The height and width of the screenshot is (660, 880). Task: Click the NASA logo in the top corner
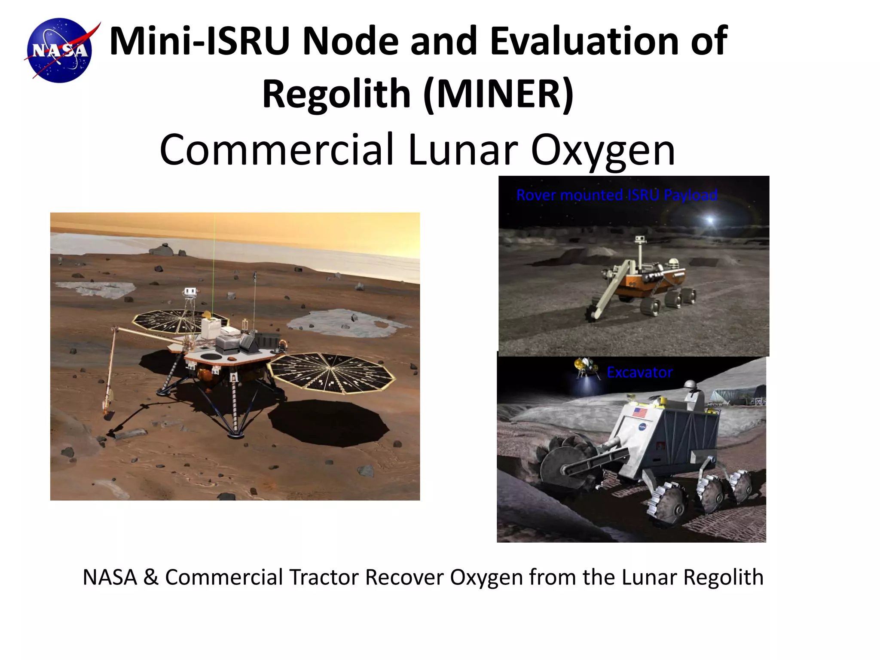pos(60,50)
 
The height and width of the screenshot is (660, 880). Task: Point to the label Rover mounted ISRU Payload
pos(617,195)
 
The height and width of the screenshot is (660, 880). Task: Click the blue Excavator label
pos(639,372)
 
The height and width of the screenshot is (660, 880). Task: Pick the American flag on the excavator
pos(640,412)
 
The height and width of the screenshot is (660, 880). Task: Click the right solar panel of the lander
pos(331,372)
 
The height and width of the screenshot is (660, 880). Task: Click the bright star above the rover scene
pos(709,220)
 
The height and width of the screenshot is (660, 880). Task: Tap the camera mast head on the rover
pos(640,239)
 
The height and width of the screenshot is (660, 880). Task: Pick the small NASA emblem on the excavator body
pos(642,427)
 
